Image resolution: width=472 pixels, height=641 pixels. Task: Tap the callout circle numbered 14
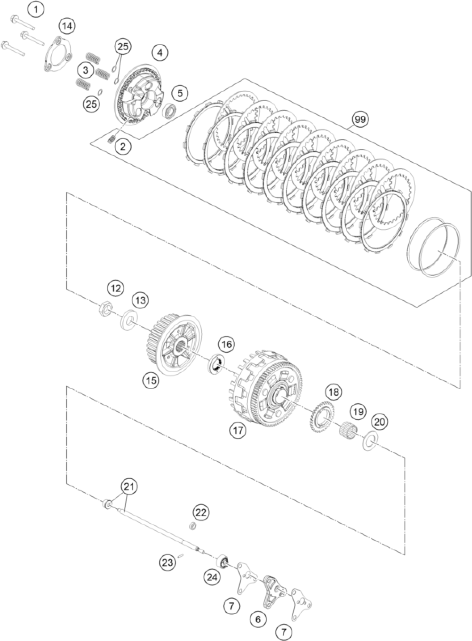tap(67, 26)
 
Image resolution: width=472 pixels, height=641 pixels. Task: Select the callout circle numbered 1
tap(36, 9)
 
